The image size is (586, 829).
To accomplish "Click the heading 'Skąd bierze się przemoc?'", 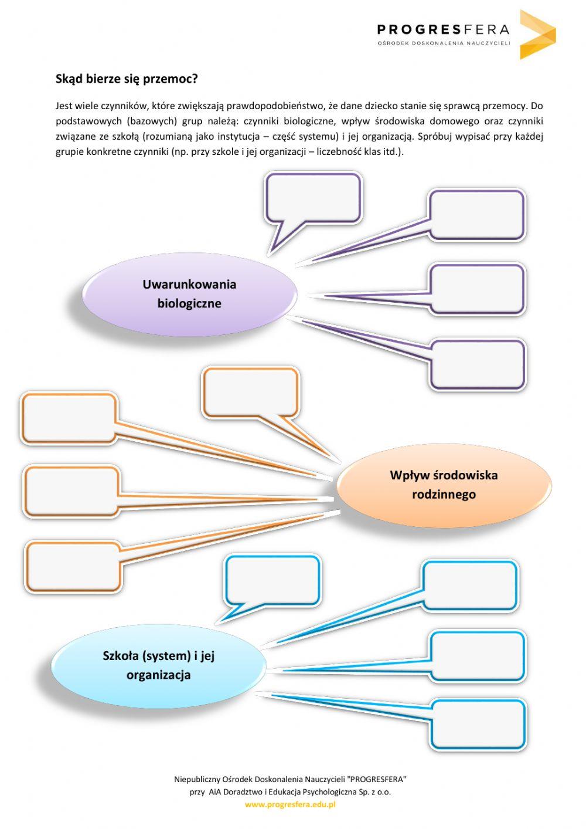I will pyautogui.click(x=127, y=79).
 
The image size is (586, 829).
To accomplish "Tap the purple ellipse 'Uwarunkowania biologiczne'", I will pyautogui.click(x=189, y=293).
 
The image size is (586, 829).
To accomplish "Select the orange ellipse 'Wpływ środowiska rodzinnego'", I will pyautogui.click(x=444, y=485).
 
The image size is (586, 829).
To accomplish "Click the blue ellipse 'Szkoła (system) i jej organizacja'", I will pyautogui.click(x=158, y=665).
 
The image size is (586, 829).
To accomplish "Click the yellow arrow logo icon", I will pyautogui.click(x=536, y=34).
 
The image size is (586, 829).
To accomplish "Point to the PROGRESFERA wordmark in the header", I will pyautogui.click(x=443, y=29).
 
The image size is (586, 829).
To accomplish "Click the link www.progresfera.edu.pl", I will pyautogui.click(x=290, y=804).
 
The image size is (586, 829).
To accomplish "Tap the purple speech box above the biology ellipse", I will pyautogui.click(x=314, y=197).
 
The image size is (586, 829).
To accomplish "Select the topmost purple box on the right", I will pyautogui.click(x=476, y=214).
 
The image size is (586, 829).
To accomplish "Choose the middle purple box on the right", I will pyautogui.click(x=476, y=289).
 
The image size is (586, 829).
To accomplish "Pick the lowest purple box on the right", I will pyautogui.click(x=478, y=364).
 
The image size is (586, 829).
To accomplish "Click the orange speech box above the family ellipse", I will pyautogui.click(x=250, y=392).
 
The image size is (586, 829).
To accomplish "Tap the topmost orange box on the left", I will pyautogui.click(x=69, y=418).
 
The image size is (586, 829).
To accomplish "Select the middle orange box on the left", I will pyautogui.click(x=71, y=491).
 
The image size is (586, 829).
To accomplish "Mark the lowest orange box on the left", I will pyautogui.click(x=73, y=567).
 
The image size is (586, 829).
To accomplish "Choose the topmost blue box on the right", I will pyautogui.click(x=470, y=585).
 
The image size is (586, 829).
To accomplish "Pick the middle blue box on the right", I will pyautogui.click(x=477, y=656).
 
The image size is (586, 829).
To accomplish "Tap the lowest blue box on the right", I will pyautogui.click(x=478, y=724).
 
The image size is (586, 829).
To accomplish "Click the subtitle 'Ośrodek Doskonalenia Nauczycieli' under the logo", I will pyautogui.click(x=444, y=43).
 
